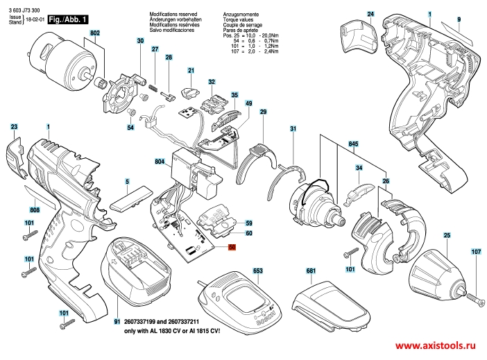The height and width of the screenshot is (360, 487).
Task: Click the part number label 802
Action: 95,33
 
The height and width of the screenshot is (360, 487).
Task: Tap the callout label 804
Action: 159,161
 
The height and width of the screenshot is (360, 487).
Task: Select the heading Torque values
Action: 239,19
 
